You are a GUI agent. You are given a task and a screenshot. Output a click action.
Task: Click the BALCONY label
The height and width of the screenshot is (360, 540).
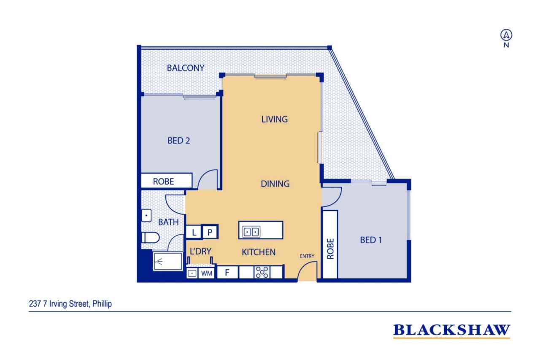coord(186,68)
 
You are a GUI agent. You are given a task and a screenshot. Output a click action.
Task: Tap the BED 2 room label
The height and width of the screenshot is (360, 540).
coord(178,141)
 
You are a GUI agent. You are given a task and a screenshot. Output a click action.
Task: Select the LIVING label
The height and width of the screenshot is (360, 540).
coord(274,119)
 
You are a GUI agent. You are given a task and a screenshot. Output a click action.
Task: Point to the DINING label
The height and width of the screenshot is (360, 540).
coord(275,184)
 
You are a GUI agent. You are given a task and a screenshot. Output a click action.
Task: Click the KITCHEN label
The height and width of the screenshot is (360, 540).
coord(259,252)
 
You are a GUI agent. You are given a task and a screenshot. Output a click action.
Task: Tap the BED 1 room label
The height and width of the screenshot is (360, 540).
coord(371,240)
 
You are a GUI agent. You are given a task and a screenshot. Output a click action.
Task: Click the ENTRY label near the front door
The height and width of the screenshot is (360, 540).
coord(307,256)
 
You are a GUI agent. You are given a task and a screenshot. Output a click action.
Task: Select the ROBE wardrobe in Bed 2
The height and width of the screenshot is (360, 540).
coord(167,181)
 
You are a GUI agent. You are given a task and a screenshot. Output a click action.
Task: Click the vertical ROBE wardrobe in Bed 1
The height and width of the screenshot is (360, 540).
coord(330,244)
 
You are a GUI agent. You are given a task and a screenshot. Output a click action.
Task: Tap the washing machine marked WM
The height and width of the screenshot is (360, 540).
coord(207,273)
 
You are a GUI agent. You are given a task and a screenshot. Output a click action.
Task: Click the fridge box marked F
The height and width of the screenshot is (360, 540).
coord(227,272)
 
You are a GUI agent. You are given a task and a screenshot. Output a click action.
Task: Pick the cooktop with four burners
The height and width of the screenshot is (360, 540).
coord(262,272)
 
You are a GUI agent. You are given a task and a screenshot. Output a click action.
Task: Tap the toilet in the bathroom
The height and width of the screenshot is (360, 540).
coord(151,238)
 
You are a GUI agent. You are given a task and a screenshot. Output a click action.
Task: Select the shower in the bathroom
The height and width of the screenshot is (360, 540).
coord(168,261)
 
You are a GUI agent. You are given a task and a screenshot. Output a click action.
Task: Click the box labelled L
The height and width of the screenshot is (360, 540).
coord(194,232)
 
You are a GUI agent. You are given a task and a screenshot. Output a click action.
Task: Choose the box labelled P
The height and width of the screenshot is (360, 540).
coord(210,232)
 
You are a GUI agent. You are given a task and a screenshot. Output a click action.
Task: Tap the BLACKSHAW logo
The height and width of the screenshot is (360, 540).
coord(452,330)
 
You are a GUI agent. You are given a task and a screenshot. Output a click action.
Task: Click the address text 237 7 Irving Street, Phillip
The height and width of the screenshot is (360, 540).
coord(70,304)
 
